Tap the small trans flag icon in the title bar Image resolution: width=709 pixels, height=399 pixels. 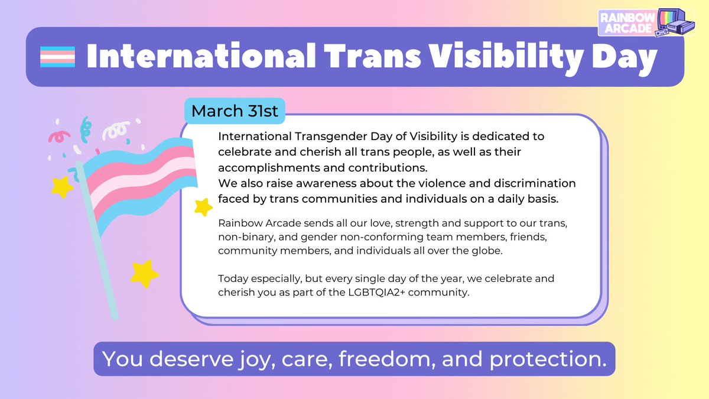point(57,57)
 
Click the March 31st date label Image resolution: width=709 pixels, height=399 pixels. point(235,111)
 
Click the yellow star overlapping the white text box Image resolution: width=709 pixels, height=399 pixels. point(203,206)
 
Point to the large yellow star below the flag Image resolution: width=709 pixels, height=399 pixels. point(144,274)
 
